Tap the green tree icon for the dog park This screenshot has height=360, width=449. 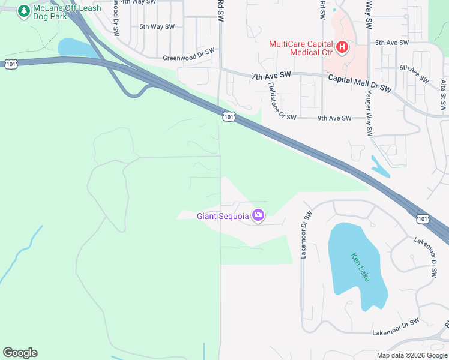[x=24, y=11]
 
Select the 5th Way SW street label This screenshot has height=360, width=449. [x=157, y=26]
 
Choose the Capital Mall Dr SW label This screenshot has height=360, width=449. [x=360, y=84]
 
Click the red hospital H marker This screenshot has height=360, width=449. [x=342, y=47]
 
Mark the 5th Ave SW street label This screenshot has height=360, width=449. [x=391, y=43]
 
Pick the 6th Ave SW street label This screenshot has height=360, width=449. [x=414, y=74]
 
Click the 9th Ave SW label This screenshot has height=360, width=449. [x=334, y=118]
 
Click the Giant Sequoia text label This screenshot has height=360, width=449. [x=223, y=216]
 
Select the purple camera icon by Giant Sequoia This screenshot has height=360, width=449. [x=258, y=215]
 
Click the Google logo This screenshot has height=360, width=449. [x=20, y=353]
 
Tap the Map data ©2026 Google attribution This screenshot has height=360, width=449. [x=412, y=355]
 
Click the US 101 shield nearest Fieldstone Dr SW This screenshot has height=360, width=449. [x=228, y=116]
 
